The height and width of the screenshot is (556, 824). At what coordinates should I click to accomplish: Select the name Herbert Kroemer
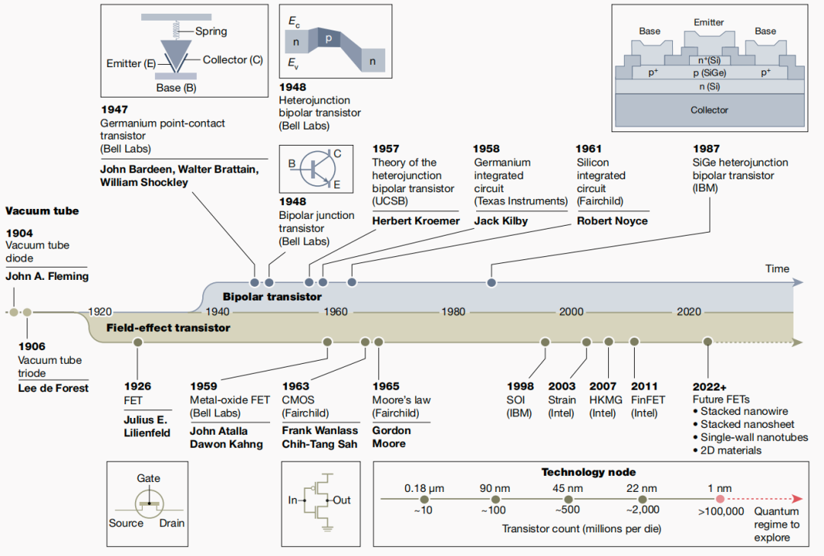click(x=416, y=221)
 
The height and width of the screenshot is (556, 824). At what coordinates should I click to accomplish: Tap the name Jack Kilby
click(x=501, y=221)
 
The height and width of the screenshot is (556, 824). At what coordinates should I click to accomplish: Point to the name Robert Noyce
click(x=612, y=221)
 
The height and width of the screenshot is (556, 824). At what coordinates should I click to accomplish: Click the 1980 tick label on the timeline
click(x=452, y=312)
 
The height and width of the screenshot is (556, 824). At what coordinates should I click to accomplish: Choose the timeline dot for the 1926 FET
click(x=138, y=342)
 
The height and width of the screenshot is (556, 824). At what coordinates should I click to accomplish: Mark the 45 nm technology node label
click(x=568, y=488)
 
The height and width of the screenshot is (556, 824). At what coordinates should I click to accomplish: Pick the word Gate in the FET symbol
click(x=149, y=479)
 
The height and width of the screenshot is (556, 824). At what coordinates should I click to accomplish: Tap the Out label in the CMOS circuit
click(x=342, y=500)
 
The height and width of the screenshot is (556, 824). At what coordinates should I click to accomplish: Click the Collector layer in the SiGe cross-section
click(x=710, y=110)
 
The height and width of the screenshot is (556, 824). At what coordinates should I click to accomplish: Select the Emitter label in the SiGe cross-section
click(x=709, y=23)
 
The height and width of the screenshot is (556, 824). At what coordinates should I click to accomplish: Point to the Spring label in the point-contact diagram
click(x=211, y=31)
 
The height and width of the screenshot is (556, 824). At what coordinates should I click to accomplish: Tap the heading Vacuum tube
click(x=42, y=211)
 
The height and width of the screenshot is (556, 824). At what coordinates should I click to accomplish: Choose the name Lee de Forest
click(x=53, y=388)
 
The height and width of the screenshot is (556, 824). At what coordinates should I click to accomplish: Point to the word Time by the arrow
click(x=777, y=268)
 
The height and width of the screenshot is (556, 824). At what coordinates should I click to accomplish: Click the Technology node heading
click(x=588, y=472)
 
